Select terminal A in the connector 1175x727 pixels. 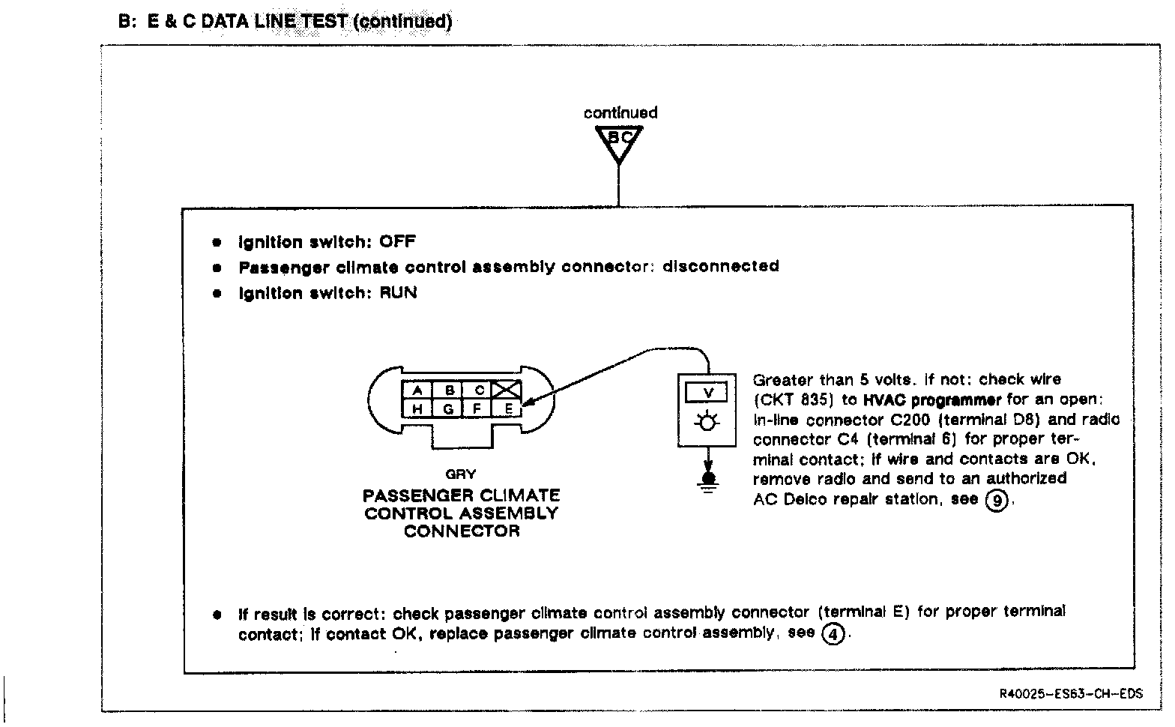(418, 390)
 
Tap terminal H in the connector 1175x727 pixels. (418, 408)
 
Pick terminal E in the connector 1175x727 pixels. (509, 408)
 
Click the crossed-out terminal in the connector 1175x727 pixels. (509, 390)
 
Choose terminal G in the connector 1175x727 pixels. (448, 408)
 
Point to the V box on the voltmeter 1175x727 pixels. (707, 393)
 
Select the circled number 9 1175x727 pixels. (995, 499)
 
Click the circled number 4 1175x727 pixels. (833, 634)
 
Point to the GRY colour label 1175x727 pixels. (460, 474)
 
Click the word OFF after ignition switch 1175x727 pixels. (397, 241)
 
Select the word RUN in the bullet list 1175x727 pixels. (398, 292)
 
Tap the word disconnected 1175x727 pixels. (720, 266)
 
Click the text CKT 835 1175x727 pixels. (794, 399)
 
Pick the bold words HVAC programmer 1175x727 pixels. (931, 399)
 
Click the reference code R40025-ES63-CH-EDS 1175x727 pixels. (1071, 693)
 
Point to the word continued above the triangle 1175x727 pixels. (620, 113)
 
